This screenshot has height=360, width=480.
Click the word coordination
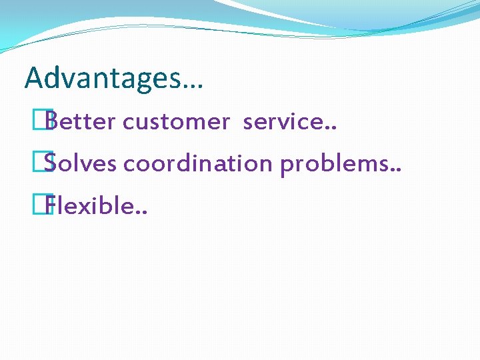198,163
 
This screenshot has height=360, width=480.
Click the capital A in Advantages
33,78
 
